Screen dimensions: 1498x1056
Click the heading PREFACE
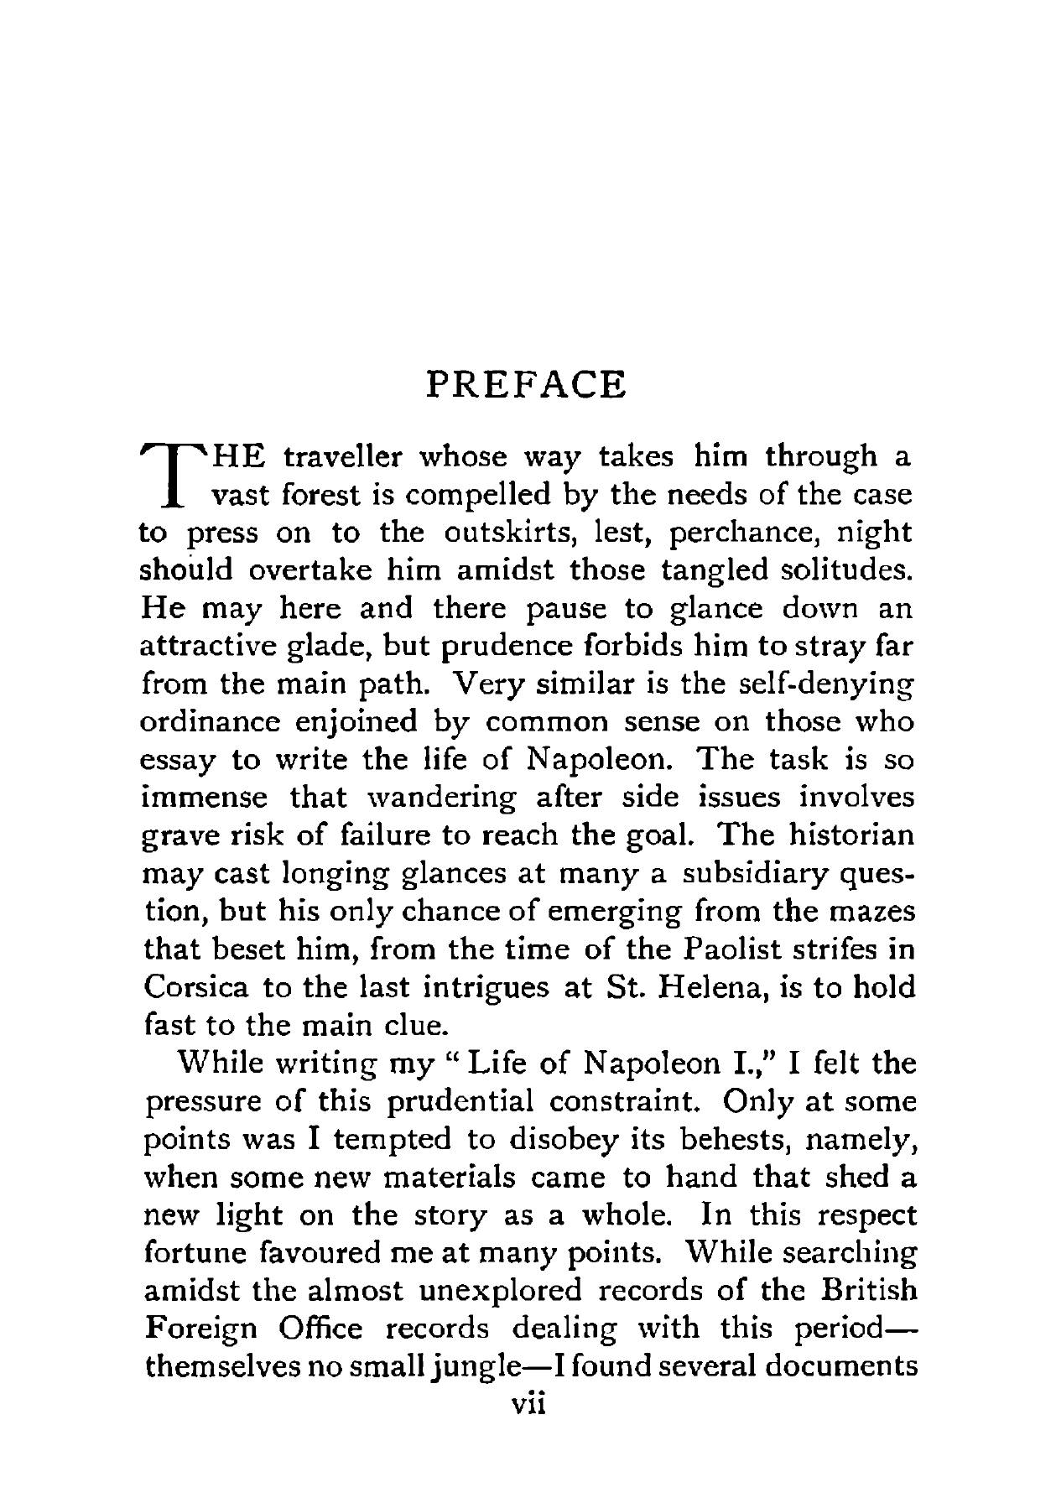pos(526,385)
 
